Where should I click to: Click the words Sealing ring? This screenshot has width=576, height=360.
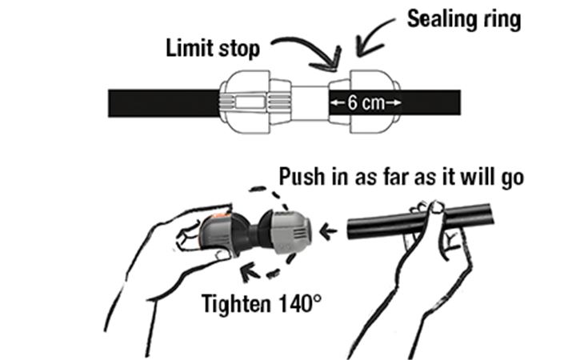[x=464, y=19]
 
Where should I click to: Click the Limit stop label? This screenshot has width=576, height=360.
[x=213, y=49]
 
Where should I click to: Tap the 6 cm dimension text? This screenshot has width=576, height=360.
[x=366, y=102]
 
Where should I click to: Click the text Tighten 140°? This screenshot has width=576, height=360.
[x=261, y=304]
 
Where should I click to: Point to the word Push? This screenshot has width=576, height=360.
[x=302, y=177]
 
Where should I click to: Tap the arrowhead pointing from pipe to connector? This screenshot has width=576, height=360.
[x=328, y=231]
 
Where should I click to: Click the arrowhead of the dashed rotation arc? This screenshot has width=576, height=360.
[x=250, y=271]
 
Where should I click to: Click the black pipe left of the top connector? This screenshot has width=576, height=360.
[x=164, y=103]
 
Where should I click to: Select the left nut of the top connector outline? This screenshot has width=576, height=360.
[x=245, y=102]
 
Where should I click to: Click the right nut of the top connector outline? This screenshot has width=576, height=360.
[x=374, y=102]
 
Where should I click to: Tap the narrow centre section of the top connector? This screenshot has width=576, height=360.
[x=310, y=103]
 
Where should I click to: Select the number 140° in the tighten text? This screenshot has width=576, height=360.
[x=300, y=304]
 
